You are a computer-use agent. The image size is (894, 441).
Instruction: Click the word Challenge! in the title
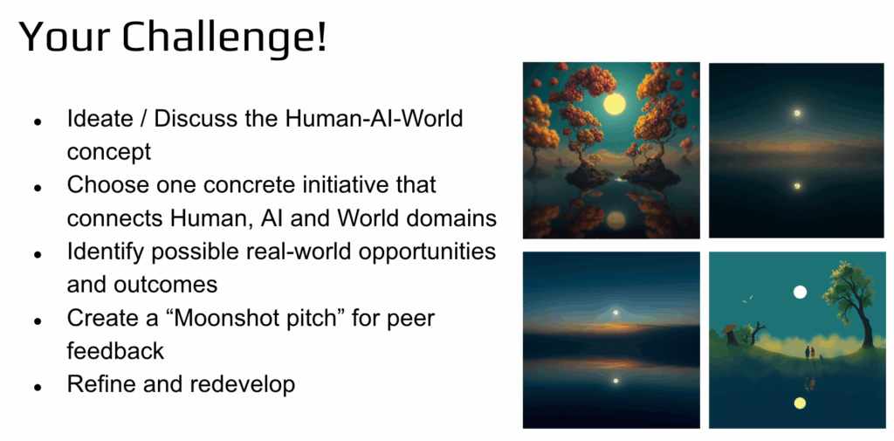point(226,38)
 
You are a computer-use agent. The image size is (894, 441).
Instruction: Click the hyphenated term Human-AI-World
point(374,120)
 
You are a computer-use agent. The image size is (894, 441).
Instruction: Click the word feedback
point(115,350)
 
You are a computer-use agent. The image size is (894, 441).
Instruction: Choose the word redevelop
point(243,384)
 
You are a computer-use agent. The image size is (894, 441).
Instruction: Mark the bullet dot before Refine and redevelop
point(38,387)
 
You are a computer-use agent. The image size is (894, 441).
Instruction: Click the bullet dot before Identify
point(38,254)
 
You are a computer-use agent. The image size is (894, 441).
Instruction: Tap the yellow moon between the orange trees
point(614,104)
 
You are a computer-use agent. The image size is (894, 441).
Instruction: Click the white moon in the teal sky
point(800,292)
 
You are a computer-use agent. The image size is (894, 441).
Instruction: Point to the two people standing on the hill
point(809,353)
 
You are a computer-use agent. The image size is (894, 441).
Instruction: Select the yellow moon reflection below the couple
point(800,403)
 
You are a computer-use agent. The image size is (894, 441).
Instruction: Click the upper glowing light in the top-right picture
point(797,113)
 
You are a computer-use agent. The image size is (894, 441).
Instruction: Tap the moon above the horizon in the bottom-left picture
point(615,313)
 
